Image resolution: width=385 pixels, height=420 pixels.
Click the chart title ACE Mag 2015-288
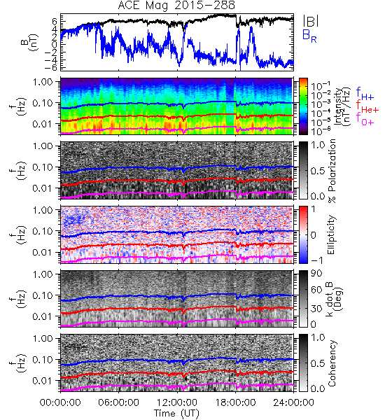(176, 6)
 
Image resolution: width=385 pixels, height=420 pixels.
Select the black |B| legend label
(311, 21)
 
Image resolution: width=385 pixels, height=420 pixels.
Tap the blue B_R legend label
(309, 36)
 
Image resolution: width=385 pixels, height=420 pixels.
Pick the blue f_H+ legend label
(365, 94)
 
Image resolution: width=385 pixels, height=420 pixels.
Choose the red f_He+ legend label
(367, 106)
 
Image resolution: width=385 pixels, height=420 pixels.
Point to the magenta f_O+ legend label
(365, 119)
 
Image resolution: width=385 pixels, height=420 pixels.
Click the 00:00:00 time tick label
(60, 402)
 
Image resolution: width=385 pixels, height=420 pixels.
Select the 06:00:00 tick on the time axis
(118, 402)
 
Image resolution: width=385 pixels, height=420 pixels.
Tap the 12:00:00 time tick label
(177, 402)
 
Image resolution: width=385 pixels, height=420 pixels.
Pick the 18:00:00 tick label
(235, 402)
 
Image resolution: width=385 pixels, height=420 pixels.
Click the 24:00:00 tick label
(293, 402)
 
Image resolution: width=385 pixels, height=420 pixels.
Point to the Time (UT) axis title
(176, 413)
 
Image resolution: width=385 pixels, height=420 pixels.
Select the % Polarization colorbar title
(332, 171)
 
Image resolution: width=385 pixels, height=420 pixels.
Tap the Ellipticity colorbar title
(332, 235)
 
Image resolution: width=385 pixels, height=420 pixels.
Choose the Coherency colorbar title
(332, 363)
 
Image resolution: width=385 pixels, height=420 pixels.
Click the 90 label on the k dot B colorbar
(317, 274)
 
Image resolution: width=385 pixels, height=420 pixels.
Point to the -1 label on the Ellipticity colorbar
(316, 260)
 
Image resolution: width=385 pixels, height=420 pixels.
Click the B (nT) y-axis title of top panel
(30, 42)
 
